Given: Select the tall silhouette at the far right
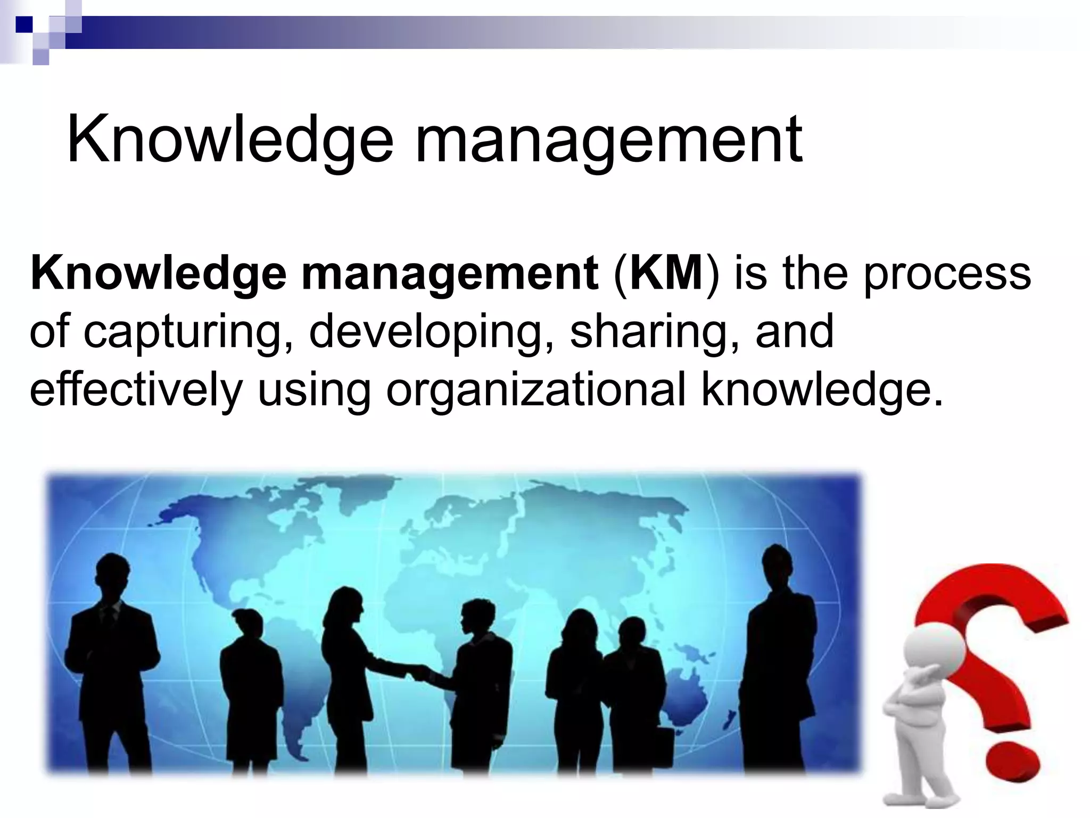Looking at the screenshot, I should tap(780, 655).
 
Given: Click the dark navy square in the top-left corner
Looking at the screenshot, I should tap(24, 24).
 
